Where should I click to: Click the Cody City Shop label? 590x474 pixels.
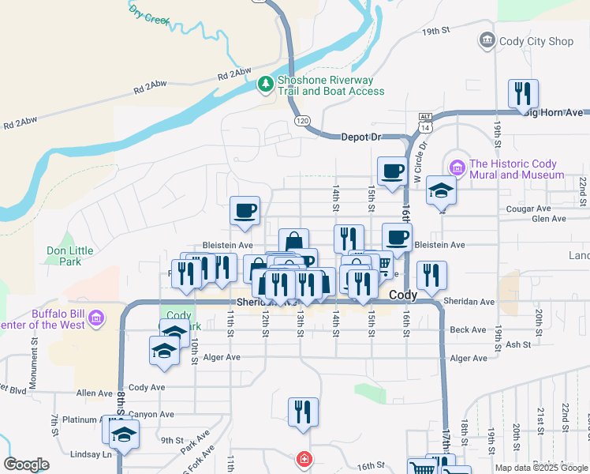point(537,41)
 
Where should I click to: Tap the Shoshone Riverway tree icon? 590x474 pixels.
point(267,83)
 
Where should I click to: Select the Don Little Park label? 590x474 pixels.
point(69,256)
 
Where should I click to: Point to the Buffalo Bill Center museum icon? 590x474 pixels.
point(96,318)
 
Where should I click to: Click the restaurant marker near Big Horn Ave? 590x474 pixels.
point(523,94)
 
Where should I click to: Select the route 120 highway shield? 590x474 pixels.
point(302,120)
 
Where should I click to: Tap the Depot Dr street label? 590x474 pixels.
point(360,137)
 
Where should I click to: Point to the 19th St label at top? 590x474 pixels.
point(435,32)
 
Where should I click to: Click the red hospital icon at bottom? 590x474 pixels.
point(303,459)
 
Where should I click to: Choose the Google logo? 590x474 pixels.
point(26,465)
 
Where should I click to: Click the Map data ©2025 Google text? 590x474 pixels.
point(541,468)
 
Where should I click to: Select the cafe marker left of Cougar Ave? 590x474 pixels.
point(245,211)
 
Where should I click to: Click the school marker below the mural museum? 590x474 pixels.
point(442,190)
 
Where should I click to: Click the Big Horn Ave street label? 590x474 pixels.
point(555,113)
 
